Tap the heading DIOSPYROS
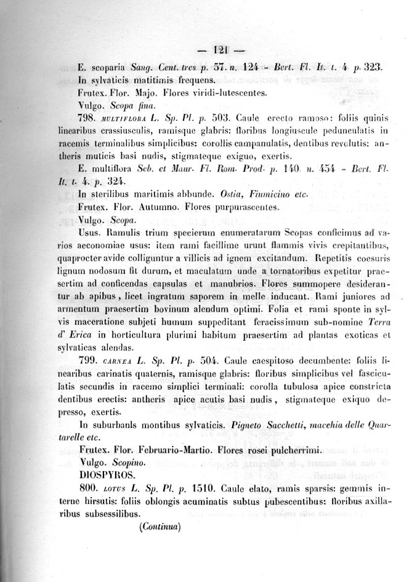(x=105, y=476)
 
